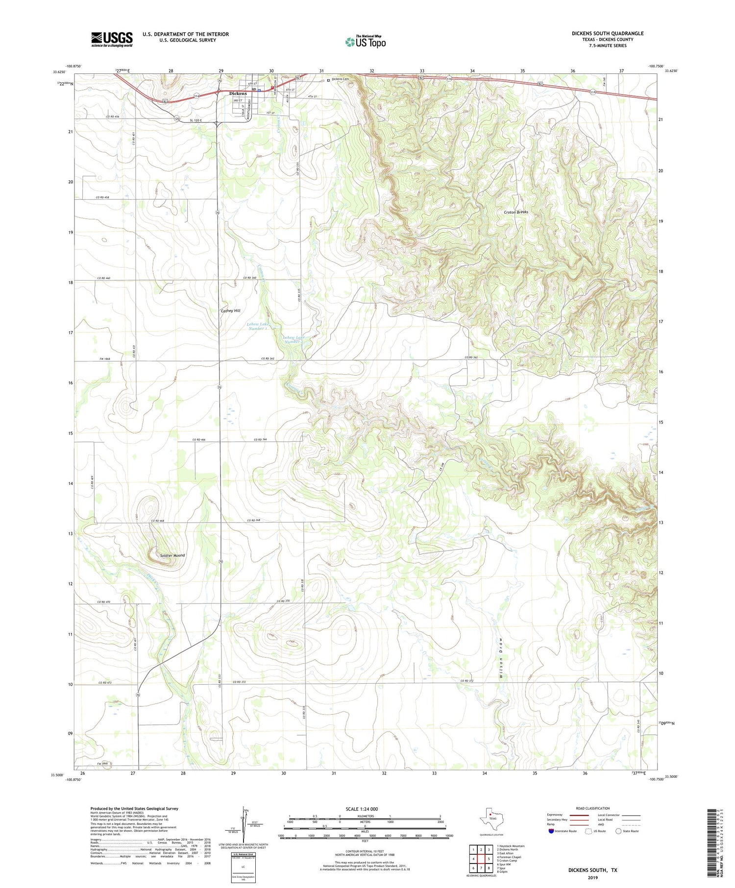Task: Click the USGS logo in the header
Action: click(112, 39)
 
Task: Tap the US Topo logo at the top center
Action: click(365, 42)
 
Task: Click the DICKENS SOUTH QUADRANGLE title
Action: click(608, 33)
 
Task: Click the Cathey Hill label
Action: click(230, 311)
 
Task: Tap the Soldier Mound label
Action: click(172, 555)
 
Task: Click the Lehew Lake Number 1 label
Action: click(257, 326)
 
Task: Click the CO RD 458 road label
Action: click(102, 197)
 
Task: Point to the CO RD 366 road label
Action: click(260, 440)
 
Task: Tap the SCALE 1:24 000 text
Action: click(362, 809)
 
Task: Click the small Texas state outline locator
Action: click(490, 817)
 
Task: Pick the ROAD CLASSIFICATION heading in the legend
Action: click(593, 808)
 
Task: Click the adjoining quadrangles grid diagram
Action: click(481, 859)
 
